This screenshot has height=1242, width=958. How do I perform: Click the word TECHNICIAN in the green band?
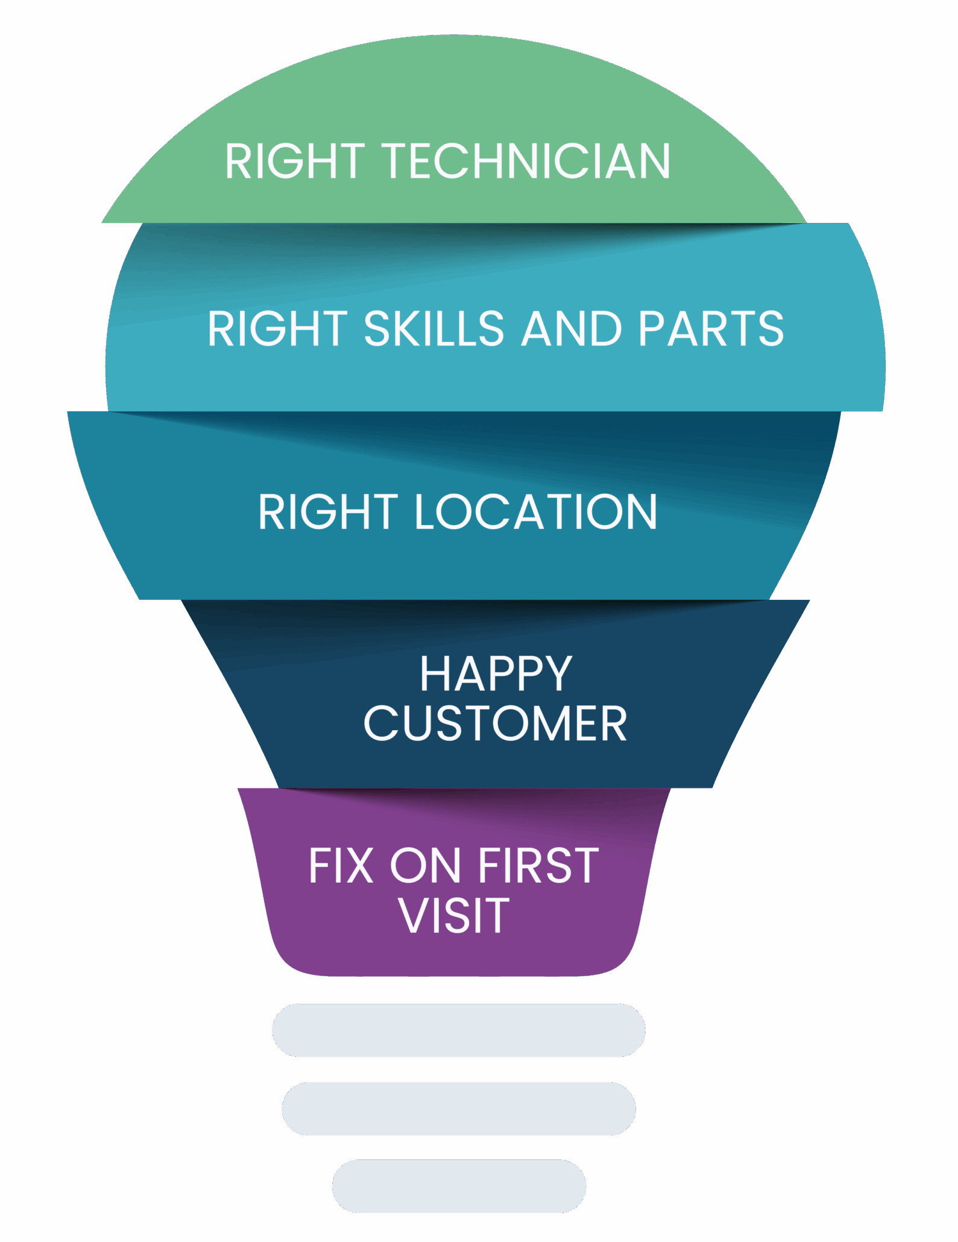click(528, 162)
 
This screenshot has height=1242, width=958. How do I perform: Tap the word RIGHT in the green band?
click(295, 162)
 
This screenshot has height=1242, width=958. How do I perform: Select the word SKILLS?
click(433, 329)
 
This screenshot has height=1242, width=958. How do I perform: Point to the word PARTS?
click(711, 329)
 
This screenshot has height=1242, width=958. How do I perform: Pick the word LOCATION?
click(535, 512)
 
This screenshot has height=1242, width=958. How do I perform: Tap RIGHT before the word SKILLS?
click(277, 329)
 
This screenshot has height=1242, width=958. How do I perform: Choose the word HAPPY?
click(496, 673)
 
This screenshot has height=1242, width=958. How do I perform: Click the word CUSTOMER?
click(495, 723)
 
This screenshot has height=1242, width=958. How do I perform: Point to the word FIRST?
click(538, 866)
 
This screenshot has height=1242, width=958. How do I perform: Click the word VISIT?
click(454, 915)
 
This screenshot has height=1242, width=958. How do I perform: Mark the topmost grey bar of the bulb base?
click(458, 1030)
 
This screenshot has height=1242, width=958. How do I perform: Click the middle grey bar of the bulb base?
click(458, 1108)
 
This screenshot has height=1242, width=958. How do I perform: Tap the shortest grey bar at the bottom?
click(458, 1186)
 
